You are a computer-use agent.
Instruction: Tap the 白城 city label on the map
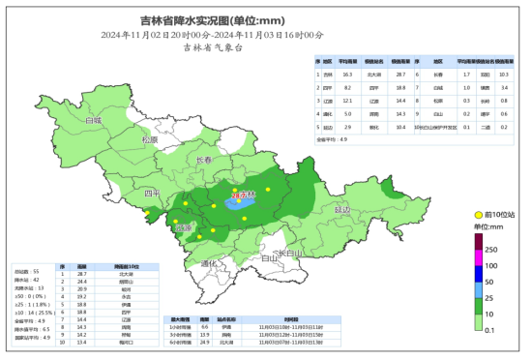(x=93, y=122)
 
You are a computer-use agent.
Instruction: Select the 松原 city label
(x=148, y=139)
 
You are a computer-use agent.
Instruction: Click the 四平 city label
(x=153, y=194)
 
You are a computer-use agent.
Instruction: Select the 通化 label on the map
(x=212, y=262)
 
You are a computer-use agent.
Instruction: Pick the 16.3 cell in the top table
(x=346, y=74)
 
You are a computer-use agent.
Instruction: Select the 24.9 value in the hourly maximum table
(x=205, y=344)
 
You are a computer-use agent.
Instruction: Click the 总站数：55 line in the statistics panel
(x=26, y=271)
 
